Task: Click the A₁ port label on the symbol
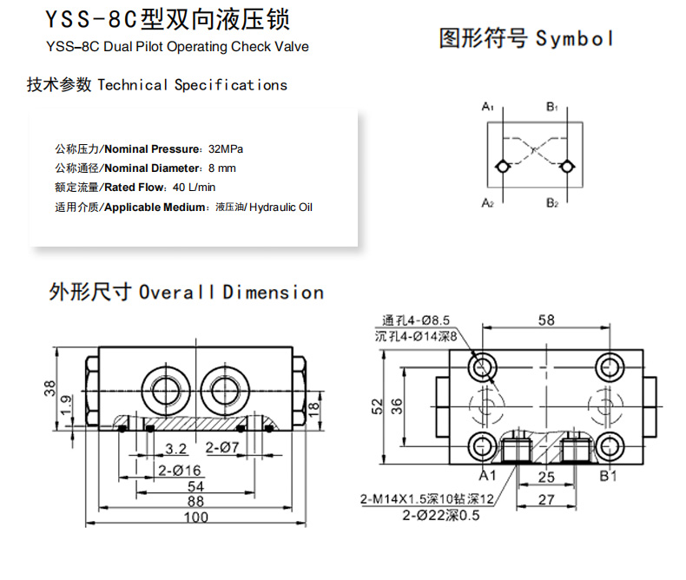coord(487,106)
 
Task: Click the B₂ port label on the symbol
coord(552,203)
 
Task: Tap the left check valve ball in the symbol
coord(502,167)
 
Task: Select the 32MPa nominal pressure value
coord(226,149)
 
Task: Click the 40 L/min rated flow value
coord(194,188)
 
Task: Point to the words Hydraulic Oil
coord(280,208)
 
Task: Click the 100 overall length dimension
coord(195,517)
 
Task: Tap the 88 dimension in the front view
coord(195,501)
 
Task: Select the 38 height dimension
coord(49,388)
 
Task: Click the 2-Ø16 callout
coord(180,471)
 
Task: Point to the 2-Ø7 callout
coord(222,447)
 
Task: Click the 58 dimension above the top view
coord(546,320)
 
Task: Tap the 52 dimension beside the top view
coord(377,406)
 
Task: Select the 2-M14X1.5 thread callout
coord(426,499)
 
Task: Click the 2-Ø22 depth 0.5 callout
coord(441,515)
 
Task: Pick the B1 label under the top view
coord(608,476)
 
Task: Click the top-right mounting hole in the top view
coord(610,367)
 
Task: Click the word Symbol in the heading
coord(574,39)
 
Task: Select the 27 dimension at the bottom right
coord(546,499)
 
